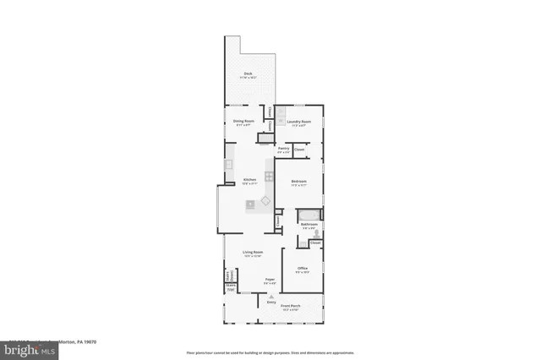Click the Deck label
point(249,74)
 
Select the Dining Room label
point(245,121)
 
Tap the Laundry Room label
point(299,121)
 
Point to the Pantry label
point(284,147)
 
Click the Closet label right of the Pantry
point(298,150)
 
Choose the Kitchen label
point(249,180)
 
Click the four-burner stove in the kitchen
point(270,176)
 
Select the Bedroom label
point(298,182)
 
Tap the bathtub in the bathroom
point(309,212)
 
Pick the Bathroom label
point(309,224)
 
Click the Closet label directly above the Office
point(314,243)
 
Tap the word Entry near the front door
point(271,302)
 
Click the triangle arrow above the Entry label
point(271,296)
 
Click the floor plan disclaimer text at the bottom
point(270,352)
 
